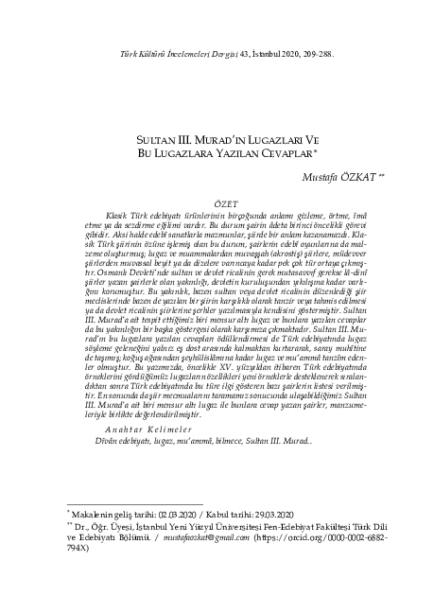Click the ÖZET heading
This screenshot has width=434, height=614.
pyautogui.click(x=217, y=203)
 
